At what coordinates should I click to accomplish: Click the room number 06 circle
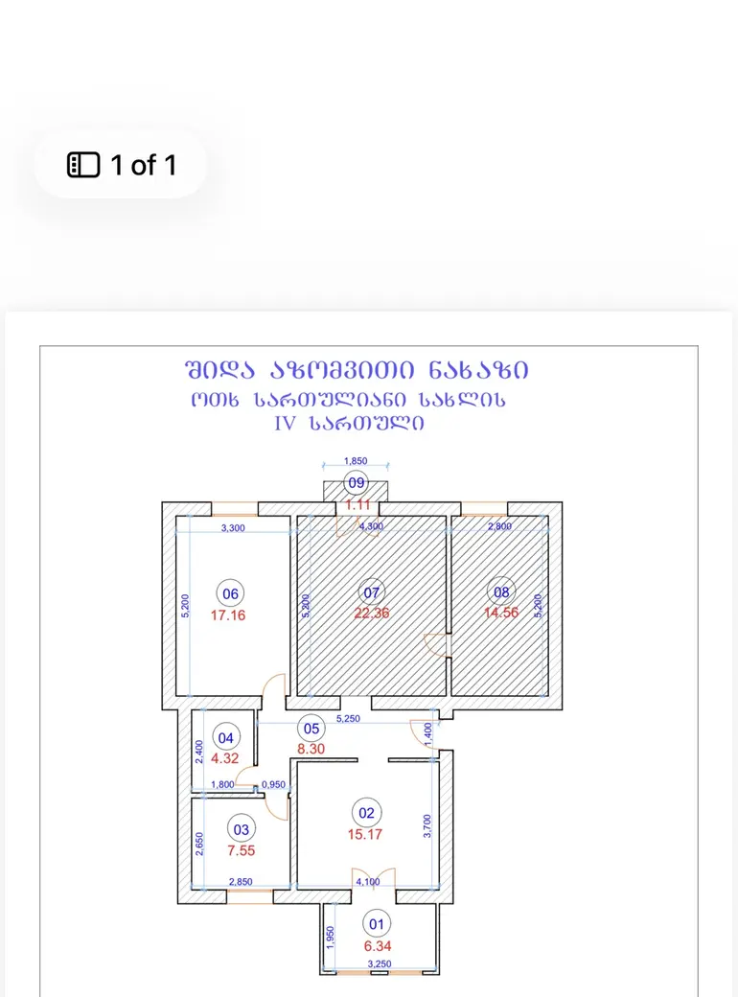click(x=230, y=593)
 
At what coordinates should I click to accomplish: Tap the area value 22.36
click(x=372, y=613)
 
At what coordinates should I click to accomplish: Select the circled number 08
click(x=501, y=592)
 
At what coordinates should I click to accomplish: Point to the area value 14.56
click(x=501, y=613)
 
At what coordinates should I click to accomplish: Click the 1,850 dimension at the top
click(x=356, y=461)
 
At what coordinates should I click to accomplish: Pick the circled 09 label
click(x=356, y=482)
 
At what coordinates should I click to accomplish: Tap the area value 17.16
click(x=228, y=614)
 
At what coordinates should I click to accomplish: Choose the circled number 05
click(x=311, y=729)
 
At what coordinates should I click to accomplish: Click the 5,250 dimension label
click(x=348, y=718)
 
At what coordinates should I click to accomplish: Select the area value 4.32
click(x=225, y=758)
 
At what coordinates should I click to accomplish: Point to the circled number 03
click(x=241, y=829)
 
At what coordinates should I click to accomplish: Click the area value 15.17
click(x=365, y=834)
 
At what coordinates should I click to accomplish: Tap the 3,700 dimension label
click(x=427, y=826)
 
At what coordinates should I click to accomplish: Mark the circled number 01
click(x=377, y=924)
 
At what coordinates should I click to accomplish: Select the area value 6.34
click(x=378, y=946)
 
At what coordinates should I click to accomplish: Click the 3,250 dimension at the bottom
click(x=380, y=964)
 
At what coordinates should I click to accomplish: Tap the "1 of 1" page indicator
click(x=143, y=165)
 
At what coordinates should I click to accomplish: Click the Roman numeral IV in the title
click(x=285, y=424)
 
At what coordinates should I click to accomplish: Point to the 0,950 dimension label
click(x=273, y=784)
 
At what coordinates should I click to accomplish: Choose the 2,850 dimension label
click(x=241, y=882)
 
